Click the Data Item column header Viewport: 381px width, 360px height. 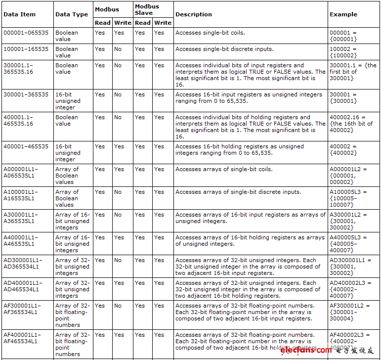tap(20, 14)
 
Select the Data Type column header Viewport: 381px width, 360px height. tap(72, 14)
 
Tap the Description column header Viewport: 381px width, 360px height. tap(194, 14)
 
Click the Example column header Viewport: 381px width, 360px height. tap(343, 14)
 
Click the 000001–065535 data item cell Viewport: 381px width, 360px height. tap(26, 33)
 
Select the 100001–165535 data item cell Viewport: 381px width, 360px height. tap(26, 49)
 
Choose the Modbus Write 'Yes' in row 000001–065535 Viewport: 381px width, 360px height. tap(119, 33)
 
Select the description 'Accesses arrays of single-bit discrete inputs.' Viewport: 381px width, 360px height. tap(238, 192)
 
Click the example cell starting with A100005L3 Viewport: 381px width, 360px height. tap(348, 198)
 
